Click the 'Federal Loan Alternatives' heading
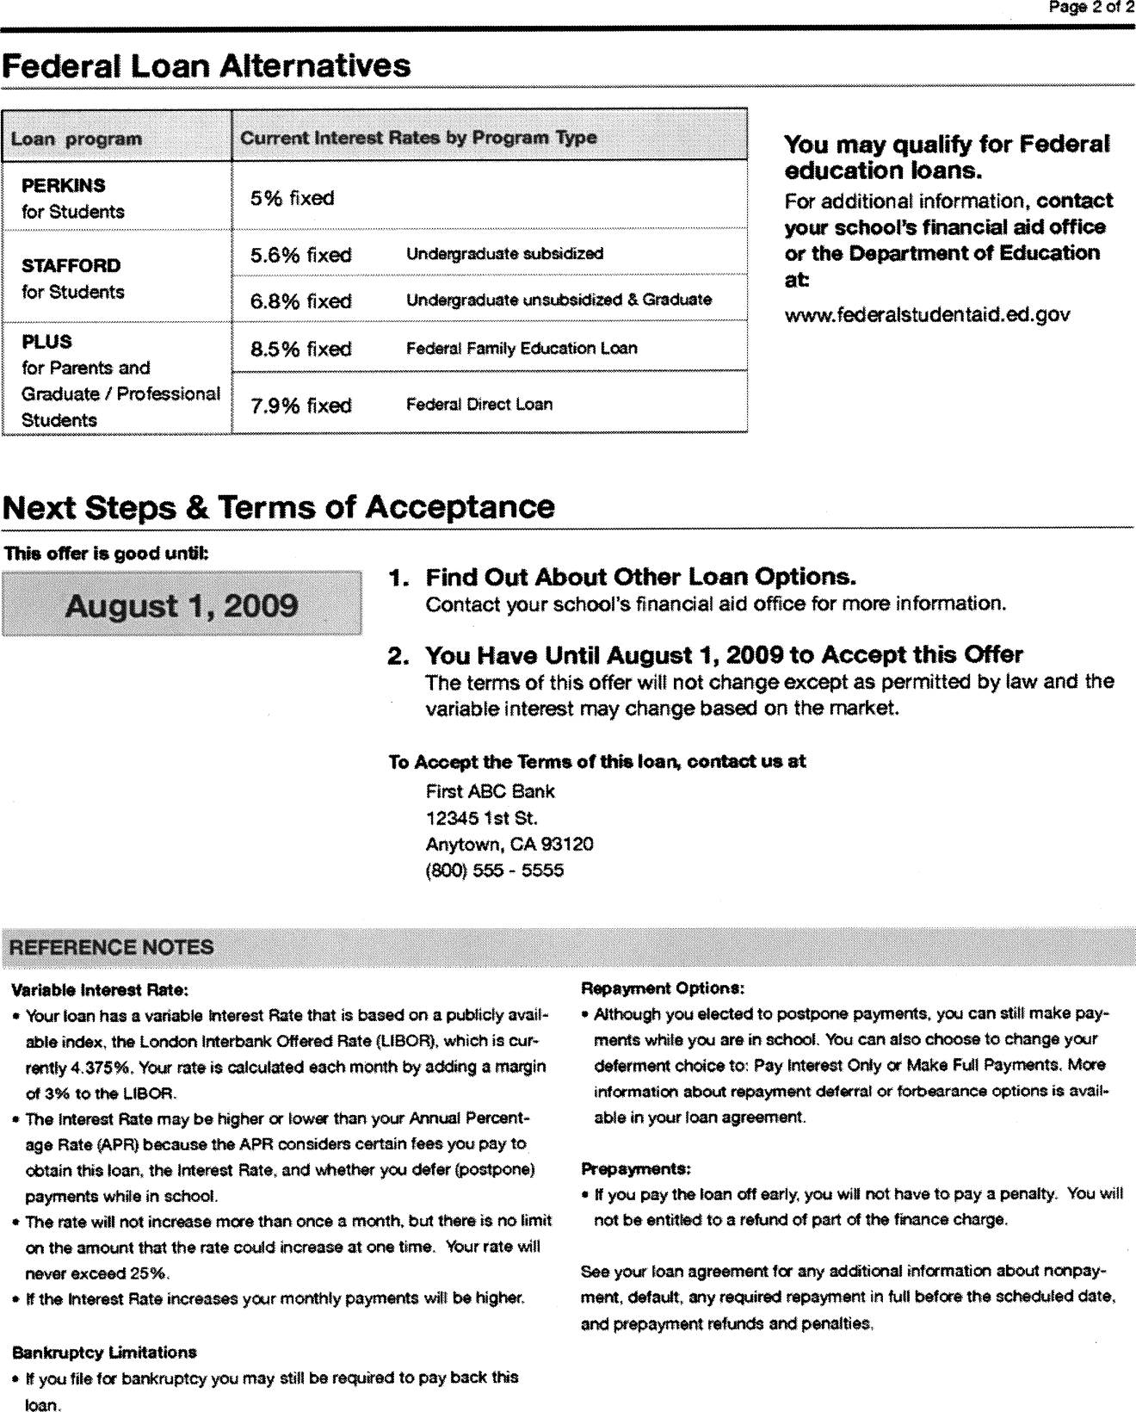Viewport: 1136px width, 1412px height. (207, 66)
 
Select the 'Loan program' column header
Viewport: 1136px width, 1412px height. (77, 139)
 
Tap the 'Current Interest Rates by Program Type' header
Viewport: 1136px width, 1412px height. (418, 138)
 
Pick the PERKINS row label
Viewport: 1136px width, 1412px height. (64, 186)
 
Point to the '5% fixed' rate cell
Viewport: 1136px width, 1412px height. (292, 198)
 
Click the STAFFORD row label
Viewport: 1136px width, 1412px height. (71, 265)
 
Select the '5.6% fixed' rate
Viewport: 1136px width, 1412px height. (300, 255)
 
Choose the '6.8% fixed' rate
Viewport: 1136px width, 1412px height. (300, 301)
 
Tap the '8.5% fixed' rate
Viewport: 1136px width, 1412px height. (300, 349)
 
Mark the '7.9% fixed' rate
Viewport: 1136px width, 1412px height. (300, 405)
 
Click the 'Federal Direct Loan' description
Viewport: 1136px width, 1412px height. (479, 404)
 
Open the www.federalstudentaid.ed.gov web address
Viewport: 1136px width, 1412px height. (927, 314)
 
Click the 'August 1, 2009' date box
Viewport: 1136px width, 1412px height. (182, 605)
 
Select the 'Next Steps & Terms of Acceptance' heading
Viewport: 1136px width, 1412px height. (279, 507)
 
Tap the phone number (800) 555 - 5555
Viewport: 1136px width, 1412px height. (495, 870)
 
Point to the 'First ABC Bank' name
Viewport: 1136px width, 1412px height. (491, 791)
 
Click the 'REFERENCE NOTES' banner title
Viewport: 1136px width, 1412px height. (111, 947)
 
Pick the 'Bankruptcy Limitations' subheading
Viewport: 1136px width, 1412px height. (105, 1352)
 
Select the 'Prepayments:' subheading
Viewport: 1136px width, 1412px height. (637, 1168)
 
